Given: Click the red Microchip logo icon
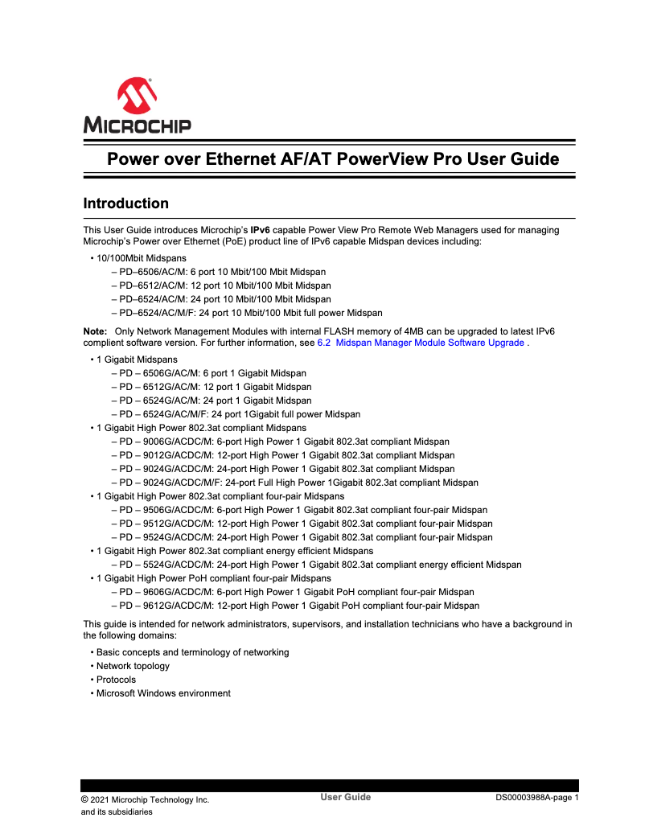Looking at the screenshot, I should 137,97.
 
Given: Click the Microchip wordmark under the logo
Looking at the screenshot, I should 137,125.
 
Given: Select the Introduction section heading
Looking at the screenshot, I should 126,203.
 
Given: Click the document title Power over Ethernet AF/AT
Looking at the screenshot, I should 333,159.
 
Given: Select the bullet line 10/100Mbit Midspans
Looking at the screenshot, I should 141,258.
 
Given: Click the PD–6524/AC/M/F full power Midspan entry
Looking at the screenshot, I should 246,313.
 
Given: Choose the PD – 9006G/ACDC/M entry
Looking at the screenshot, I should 280,442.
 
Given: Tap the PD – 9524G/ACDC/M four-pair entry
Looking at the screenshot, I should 302,537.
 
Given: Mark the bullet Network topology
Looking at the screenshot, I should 133,666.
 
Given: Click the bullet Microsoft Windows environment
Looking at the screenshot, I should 163,693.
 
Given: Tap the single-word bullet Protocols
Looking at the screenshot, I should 116,680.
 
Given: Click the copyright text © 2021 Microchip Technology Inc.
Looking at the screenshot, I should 145,799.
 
